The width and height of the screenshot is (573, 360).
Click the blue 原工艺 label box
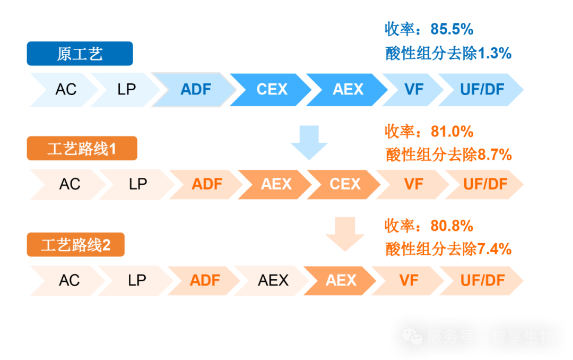80,54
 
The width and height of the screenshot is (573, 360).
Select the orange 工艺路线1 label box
82,149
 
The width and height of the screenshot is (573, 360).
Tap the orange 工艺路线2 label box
76,245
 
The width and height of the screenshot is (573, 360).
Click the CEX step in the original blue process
272,89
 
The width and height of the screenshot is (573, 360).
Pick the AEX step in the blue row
348,89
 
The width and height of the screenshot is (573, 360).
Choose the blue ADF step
196,89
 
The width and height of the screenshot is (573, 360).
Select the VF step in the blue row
414,89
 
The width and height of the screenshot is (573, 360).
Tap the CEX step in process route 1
345,184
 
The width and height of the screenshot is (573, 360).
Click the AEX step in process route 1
276,184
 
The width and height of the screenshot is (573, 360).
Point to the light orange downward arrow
345,234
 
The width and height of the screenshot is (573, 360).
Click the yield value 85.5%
444,29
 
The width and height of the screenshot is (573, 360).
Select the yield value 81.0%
444,131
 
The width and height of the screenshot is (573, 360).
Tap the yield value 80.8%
444,226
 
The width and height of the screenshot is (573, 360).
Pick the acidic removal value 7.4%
494,248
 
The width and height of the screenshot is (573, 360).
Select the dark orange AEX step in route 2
341,280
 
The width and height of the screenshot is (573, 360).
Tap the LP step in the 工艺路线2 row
137,280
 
